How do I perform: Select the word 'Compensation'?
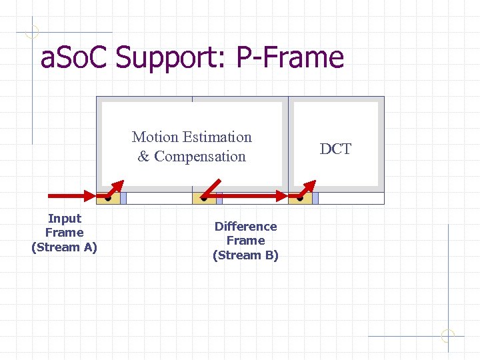[x=200, y=157]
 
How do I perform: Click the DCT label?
[x=335, y=149]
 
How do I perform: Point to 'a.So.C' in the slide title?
[x=75, y=57]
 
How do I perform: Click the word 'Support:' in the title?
[x=173, y=57]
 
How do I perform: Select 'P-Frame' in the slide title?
[x=290, y=57]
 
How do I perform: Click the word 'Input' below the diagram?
[x=65, y=219]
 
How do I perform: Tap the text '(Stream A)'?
[x=65, y=247]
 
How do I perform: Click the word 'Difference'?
[x=245, y=227]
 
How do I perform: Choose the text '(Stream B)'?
[x=245, y=255]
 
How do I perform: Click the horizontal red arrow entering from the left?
[x=72, y=195]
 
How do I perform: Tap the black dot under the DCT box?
[x=301, y=198]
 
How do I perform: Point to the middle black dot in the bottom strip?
[x=204, y=198]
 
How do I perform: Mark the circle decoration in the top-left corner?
[x=32, y=31]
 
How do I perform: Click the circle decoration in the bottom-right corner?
[x=447, y=336]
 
